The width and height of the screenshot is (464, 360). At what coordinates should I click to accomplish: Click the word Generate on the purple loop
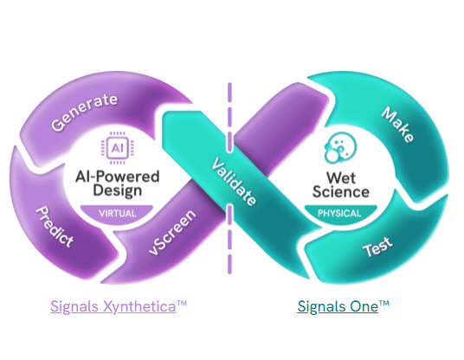[85, 112]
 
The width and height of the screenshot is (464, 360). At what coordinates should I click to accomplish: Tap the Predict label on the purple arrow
[55, 228]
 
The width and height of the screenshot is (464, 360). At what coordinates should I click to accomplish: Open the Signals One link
[338, 306]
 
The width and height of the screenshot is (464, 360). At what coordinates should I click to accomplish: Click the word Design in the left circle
[118, 191]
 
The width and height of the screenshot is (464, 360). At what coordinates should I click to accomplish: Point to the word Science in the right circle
[339, 191]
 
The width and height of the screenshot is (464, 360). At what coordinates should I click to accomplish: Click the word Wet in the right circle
[339, 175]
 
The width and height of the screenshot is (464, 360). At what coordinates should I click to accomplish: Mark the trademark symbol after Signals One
[384, 304]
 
